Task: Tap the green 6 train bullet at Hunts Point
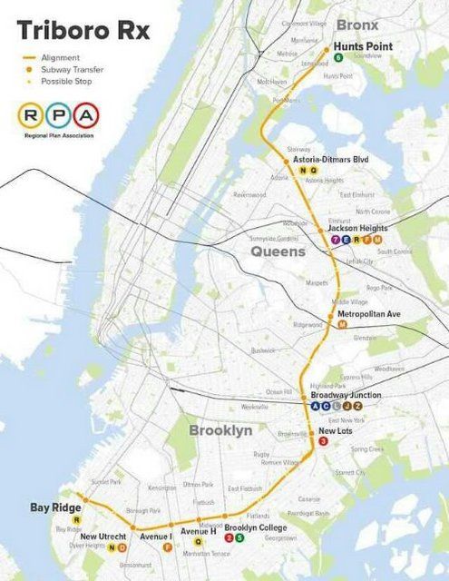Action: (x=338, y=57)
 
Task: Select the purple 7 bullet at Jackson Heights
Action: (x=336, y=239)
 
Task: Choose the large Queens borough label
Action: (x=278, y=251)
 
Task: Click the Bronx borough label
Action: (x=356, y=25)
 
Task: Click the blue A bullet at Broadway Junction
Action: (x=315, y=406)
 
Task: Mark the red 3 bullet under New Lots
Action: (x=324, y=441)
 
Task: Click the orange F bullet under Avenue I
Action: (x=167, y=547)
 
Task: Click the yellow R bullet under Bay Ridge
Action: (x=76, y=519)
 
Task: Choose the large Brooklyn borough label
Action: (x=220, y=430)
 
